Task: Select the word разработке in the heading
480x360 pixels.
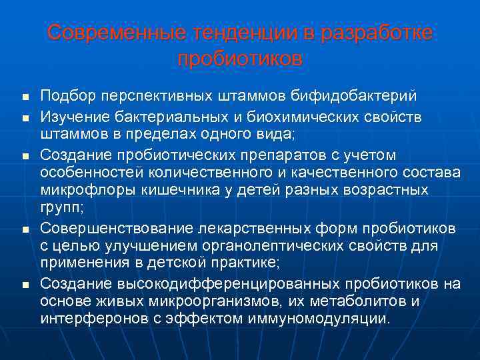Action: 377,33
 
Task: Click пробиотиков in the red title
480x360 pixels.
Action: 240,58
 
